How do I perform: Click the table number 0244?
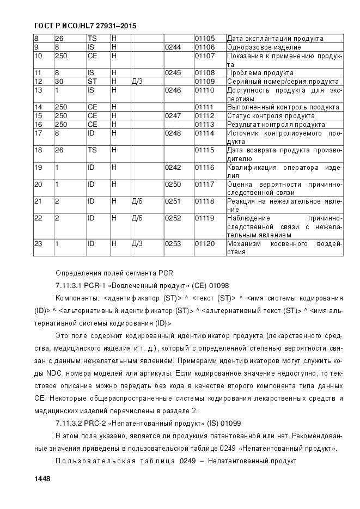tap(172, 47)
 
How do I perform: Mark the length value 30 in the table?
tap(59, 81)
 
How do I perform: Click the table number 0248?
tap(172, 133)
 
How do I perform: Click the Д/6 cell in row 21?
tap(137, 201)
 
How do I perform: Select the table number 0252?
tap(172, 218)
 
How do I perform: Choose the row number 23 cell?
tap(38, 244)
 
